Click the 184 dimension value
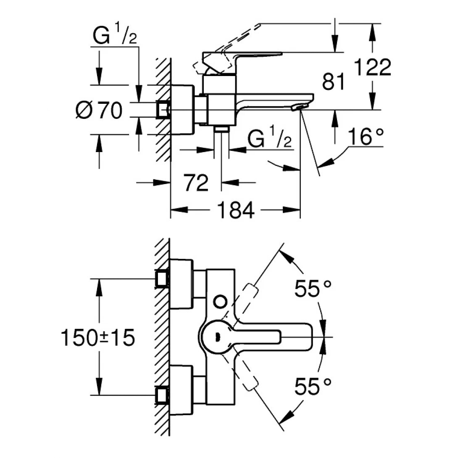pos(237,210)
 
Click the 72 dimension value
pos(196,183)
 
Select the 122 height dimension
pos(372,67)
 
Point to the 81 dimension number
pos(334,82)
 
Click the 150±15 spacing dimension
pos(98,338)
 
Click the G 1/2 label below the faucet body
pos(269,138)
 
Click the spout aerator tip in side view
pos(299,108)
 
